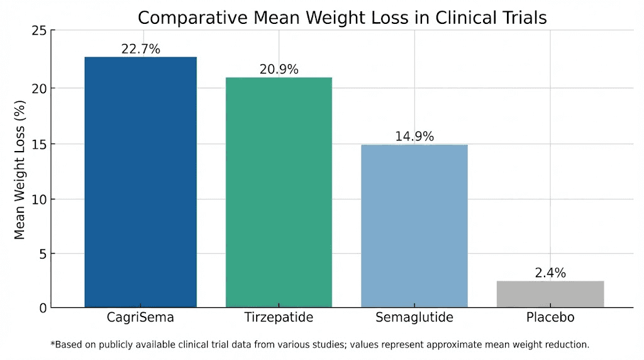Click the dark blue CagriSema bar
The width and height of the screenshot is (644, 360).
[140, 182]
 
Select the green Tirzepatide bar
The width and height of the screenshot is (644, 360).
[279, 192]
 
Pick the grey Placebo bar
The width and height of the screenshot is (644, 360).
[550, 294]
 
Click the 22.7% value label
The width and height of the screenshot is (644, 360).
[140, 49]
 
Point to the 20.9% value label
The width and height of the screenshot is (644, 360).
[279, 69]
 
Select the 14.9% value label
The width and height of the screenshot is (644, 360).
[414, 137]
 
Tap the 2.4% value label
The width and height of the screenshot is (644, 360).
[550, 273]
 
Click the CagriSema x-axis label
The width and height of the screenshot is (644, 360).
[140, 317]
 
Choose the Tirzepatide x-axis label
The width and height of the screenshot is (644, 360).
[279, 317]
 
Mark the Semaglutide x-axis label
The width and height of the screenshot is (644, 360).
[414, 317]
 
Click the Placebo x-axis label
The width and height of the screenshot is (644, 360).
[550, 317]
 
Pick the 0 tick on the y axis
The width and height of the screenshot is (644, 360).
[42, 308]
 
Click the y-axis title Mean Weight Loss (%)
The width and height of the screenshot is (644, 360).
[19, 172]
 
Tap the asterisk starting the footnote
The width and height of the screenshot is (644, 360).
[52, 344]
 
